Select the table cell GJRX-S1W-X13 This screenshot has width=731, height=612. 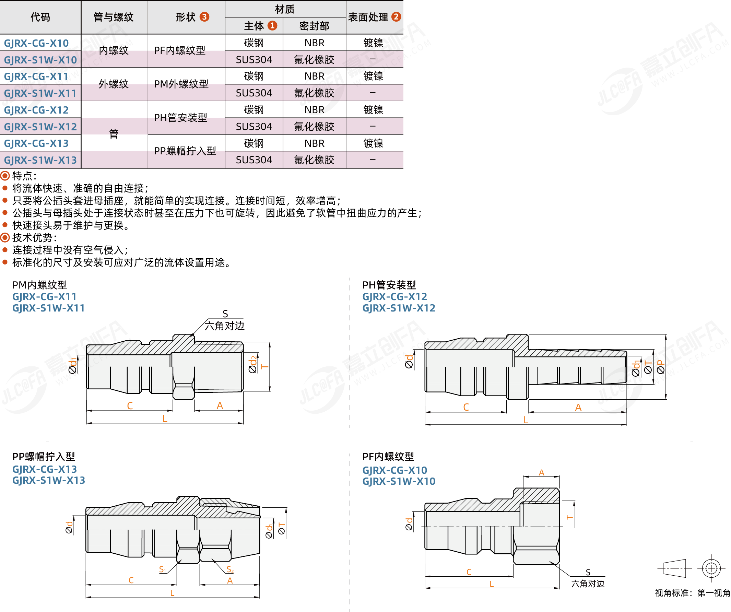(40, 160)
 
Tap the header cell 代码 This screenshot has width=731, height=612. (40, 17)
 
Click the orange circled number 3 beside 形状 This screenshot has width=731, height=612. (204, 17)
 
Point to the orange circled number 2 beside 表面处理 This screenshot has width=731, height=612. (396, 17)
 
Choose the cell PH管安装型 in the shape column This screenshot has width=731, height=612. (181, 118)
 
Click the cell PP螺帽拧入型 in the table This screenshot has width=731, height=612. (185, 151)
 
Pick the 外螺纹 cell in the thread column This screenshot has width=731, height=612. (114, 84)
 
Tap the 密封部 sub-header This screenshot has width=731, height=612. (314, 26)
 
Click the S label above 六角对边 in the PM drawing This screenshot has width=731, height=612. (225, 314)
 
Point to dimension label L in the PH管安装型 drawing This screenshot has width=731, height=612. (526, 420)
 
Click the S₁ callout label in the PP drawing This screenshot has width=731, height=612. (163, 569)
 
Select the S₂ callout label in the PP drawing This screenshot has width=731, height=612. (230, 569)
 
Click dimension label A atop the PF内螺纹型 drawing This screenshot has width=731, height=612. (542, 473)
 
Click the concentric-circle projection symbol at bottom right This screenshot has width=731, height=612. (711, 568)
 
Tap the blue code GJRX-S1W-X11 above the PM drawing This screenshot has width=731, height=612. (49, 308)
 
